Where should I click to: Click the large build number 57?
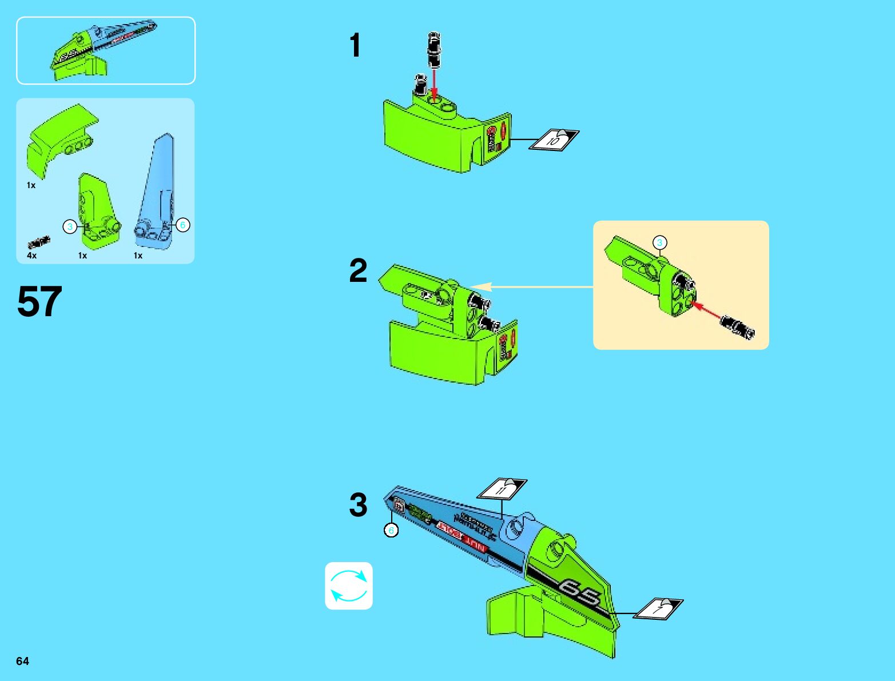39,301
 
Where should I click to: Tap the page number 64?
22,661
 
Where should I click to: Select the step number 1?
355,45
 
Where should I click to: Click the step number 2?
358,270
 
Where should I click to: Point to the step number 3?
358,505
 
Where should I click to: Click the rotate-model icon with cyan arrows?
349,586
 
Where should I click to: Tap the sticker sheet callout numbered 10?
554,140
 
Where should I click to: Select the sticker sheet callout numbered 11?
502,489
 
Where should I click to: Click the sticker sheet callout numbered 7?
659,608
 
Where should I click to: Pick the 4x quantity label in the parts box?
31,256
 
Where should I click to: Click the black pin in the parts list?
39,242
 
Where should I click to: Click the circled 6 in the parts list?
182,225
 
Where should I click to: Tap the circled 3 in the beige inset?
659,242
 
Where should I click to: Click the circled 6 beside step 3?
391,530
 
